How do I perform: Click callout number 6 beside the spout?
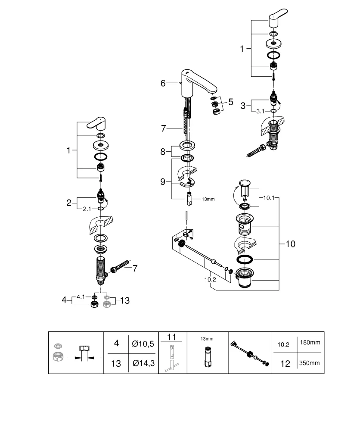(x=163, y=83)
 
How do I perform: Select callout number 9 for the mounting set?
(x=163, y=182)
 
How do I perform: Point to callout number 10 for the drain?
(x=290, y=244)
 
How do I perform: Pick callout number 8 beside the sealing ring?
(x=163, y=151)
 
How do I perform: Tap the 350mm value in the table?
(x=309, y=363)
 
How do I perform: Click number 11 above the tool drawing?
(x=172, y=336)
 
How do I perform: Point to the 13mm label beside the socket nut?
(x=208, y=199)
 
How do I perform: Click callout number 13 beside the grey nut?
(x=124, y=300)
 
